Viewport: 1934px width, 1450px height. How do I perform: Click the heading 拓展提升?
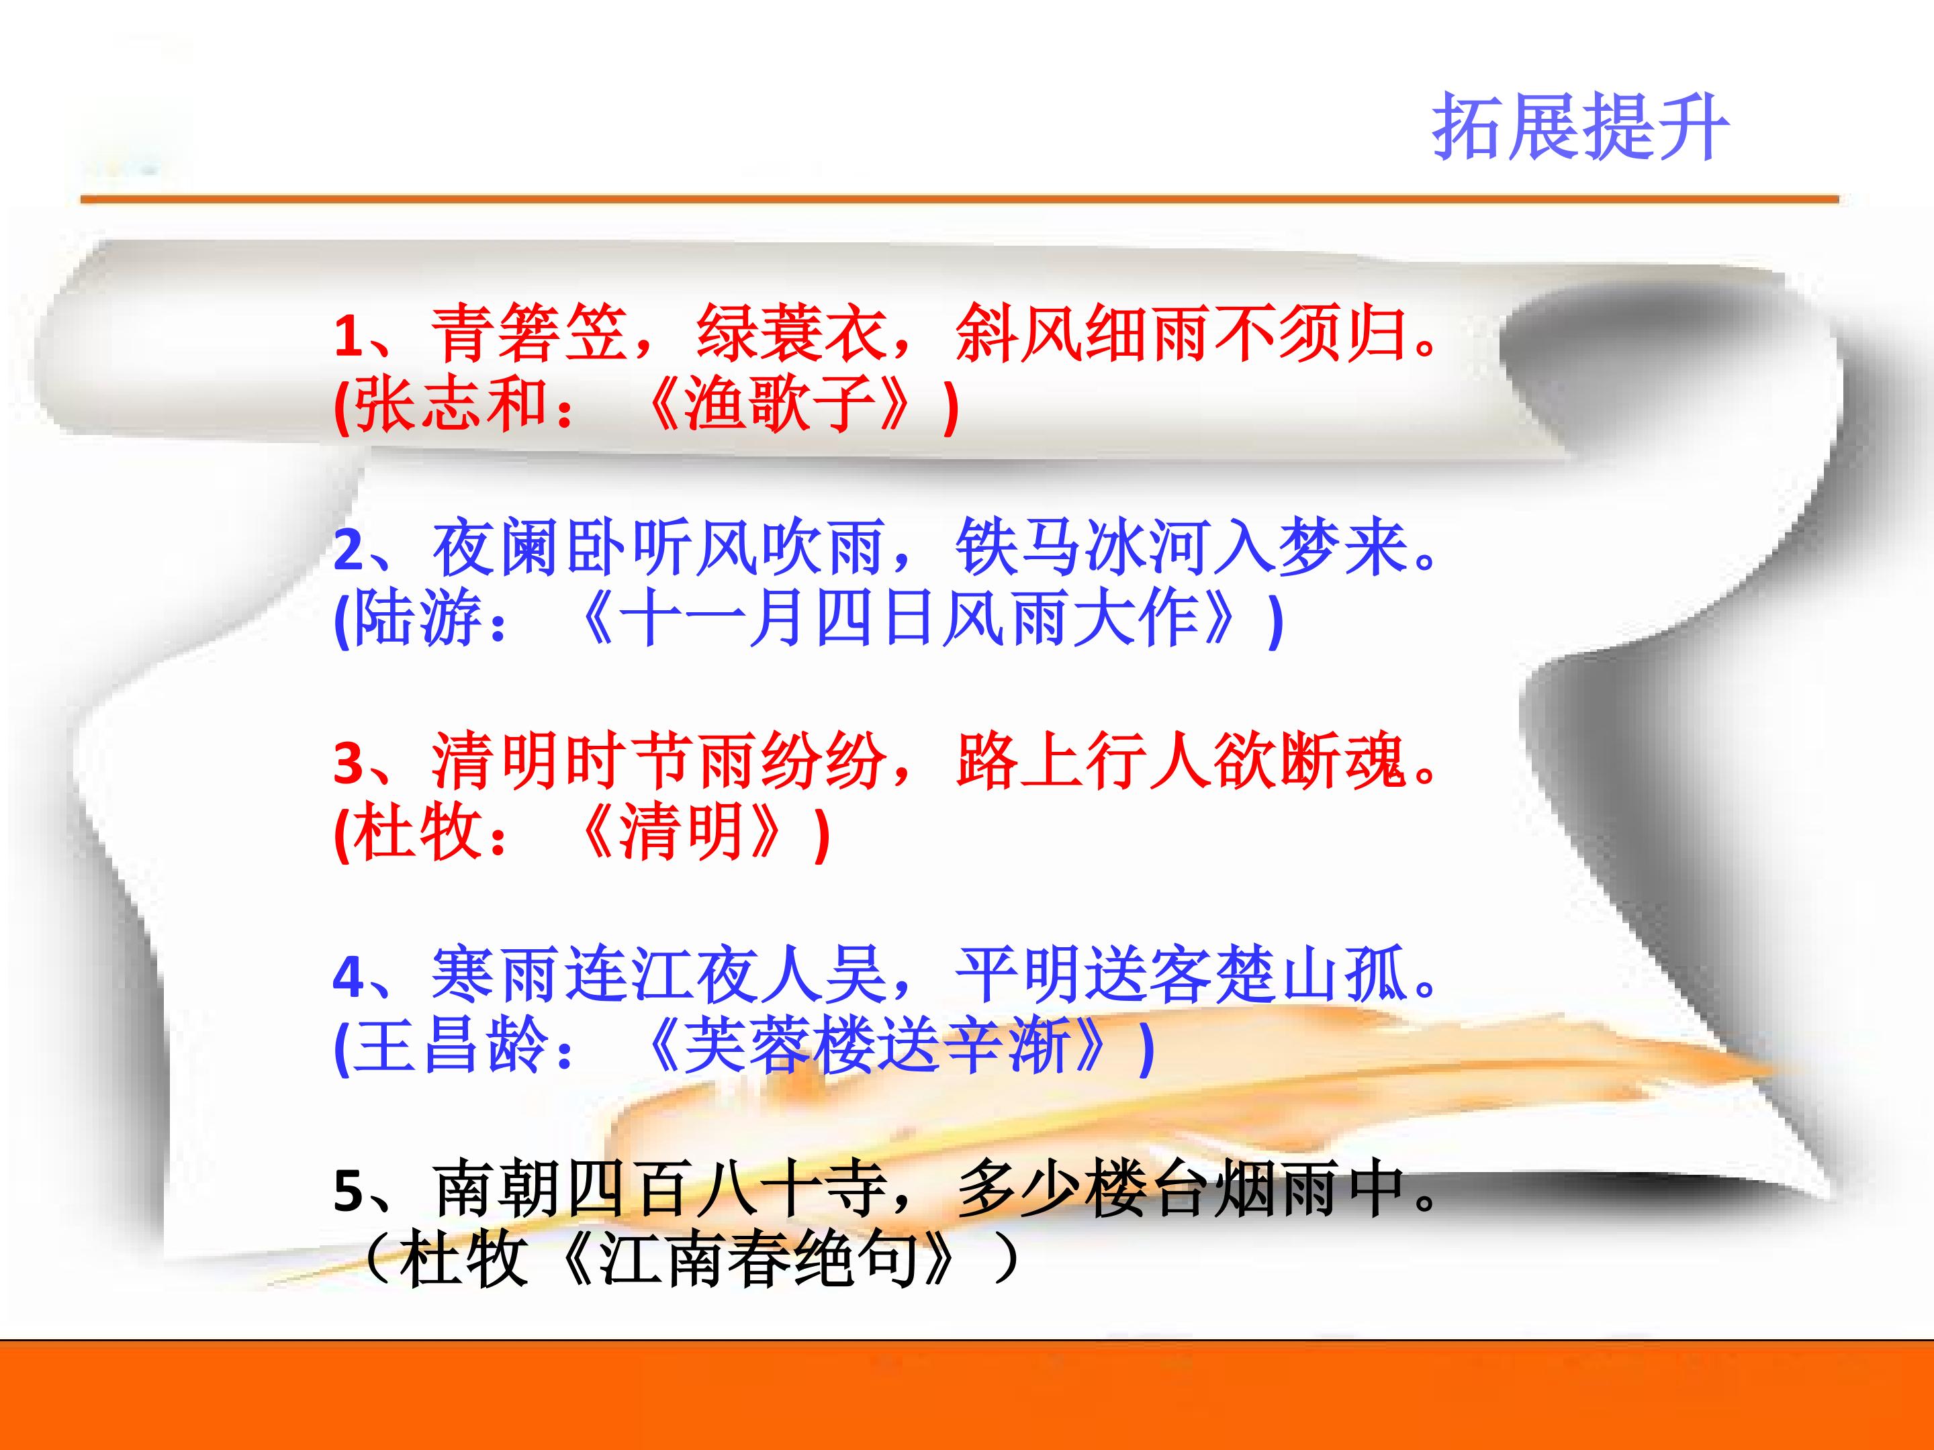point(1580,128)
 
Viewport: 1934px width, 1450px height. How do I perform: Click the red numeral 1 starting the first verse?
point(348,336)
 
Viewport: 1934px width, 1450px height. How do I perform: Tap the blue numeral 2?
point(348,550)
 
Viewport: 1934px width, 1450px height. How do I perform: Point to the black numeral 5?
point(348,1190)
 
